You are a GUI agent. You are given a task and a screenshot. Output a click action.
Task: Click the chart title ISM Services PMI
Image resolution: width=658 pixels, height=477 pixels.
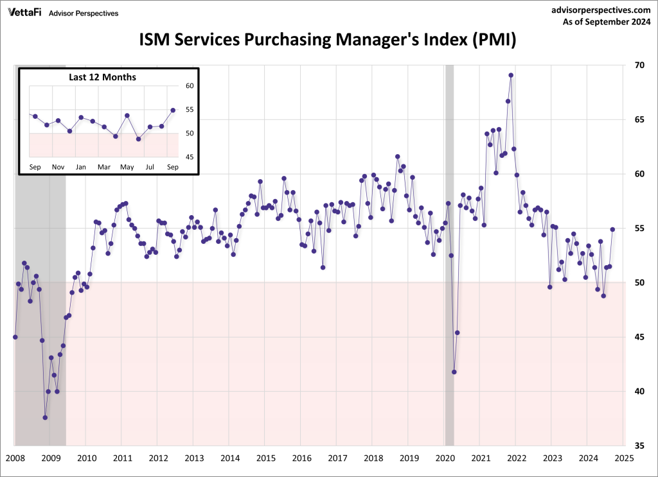(328, 41)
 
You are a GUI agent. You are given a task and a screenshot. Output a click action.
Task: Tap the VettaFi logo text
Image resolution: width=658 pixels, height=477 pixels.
(24, 12)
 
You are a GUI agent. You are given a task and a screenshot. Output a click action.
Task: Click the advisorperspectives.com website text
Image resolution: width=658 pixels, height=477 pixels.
(601, 10)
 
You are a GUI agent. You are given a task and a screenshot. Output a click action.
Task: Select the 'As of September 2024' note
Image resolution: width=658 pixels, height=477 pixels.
(606, 23)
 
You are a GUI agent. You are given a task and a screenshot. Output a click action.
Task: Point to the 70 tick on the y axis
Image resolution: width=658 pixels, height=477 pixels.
(639, 65)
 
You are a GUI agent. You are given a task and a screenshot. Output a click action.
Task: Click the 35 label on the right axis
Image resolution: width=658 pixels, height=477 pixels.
(639, 446)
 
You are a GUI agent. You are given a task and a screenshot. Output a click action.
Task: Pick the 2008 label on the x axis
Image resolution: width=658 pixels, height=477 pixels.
(15, 458)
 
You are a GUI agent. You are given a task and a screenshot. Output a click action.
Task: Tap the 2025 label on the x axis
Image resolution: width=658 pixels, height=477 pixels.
(624, 458)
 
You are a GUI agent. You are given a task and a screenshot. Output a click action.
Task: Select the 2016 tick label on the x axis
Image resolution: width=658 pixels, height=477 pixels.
(301, 458)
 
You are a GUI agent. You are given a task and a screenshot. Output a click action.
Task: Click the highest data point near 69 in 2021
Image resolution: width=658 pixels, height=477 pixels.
(511, 75)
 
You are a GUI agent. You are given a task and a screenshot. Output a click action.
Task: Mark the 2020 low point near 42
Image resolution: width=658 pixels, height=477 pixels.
(454, 372)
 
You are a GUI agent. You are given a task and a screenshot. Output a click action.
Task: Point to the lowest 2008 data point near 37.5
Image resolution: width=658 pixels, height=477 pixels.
(45, 417)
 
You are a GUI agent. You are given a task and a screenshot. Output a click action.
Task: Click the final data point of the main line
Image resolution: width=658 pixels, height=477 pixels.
(612, 229)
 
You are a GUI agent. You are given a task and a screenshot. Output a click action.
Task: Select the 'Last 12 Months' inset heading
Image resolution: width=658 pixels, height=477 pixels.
(103, 77)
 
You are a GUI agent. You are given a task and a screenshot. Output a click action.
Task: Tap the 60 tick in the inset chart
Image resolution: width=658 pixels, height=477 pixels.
(189, 86)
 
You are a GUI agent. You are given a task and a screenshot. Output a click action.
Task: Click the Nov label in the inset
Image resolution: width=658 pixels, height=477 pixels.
(58, 167)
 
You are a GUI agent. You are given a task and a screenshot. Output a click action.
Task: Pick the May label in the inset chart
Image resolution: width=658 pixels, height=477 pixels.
(127, 167)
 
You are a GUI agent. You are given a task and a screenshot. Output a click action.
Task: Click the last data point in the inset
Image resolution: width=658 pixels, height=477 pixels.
(173, 110)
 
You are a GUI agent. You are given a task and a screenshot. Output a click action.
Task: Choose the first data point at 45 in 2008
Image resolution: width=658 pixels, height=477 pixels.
(15, 337)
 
